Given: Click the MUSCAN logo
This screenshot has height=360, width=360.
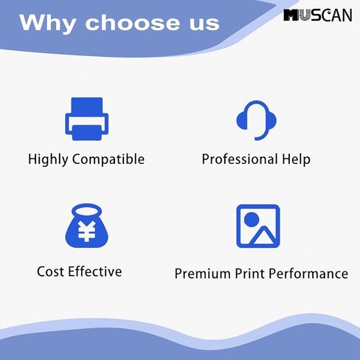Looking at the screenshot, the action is pos(318,15).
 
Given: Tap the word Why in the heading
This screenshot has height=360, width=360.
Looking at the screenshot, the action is pos(47,24).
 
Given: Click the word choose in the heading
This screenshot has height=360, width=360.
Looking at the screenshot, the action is pos(133,22).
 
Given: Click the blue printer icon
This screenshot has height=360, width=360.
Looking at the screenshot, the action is pos(86,119).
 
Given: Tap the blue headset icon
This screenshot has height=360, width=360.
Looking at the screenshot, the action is pos(256,120).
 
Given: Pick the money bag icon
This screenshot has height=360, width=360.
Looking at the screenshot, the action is pos(86,226).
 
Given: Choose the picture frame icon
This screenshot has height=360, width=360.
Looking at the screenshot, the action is pos(258,226).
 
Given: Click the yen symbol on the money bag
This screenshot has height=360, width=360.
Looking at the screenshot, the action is pos(86,231).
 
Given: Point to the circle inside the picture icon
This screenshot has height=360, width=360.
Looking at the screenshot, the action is pos(252,219).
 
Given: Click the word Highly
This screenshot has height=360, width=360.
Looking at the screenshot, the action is pos(48,159).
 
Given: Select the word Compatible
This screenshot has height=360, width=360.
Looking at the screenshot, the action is pos(108,159).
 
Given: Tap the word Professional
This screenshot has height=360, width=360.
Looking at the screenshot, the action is pos(240,159).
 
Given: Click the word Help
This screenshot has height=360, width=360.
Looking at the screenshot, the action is pos(296,159).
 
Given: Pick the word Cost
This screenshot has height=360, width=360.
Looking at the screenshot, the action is pos(50,271).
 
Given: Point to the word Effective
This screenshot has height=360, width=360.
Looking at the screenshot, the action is pos(95,271).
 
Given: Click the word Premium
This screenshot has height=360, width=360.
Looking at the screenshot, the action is pos(202,274).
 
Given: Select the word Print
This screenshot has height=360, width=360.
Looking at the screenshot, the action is pos(249,274).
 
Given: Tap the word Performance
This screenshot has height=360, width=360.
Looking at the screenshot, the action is pos(308,274).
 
